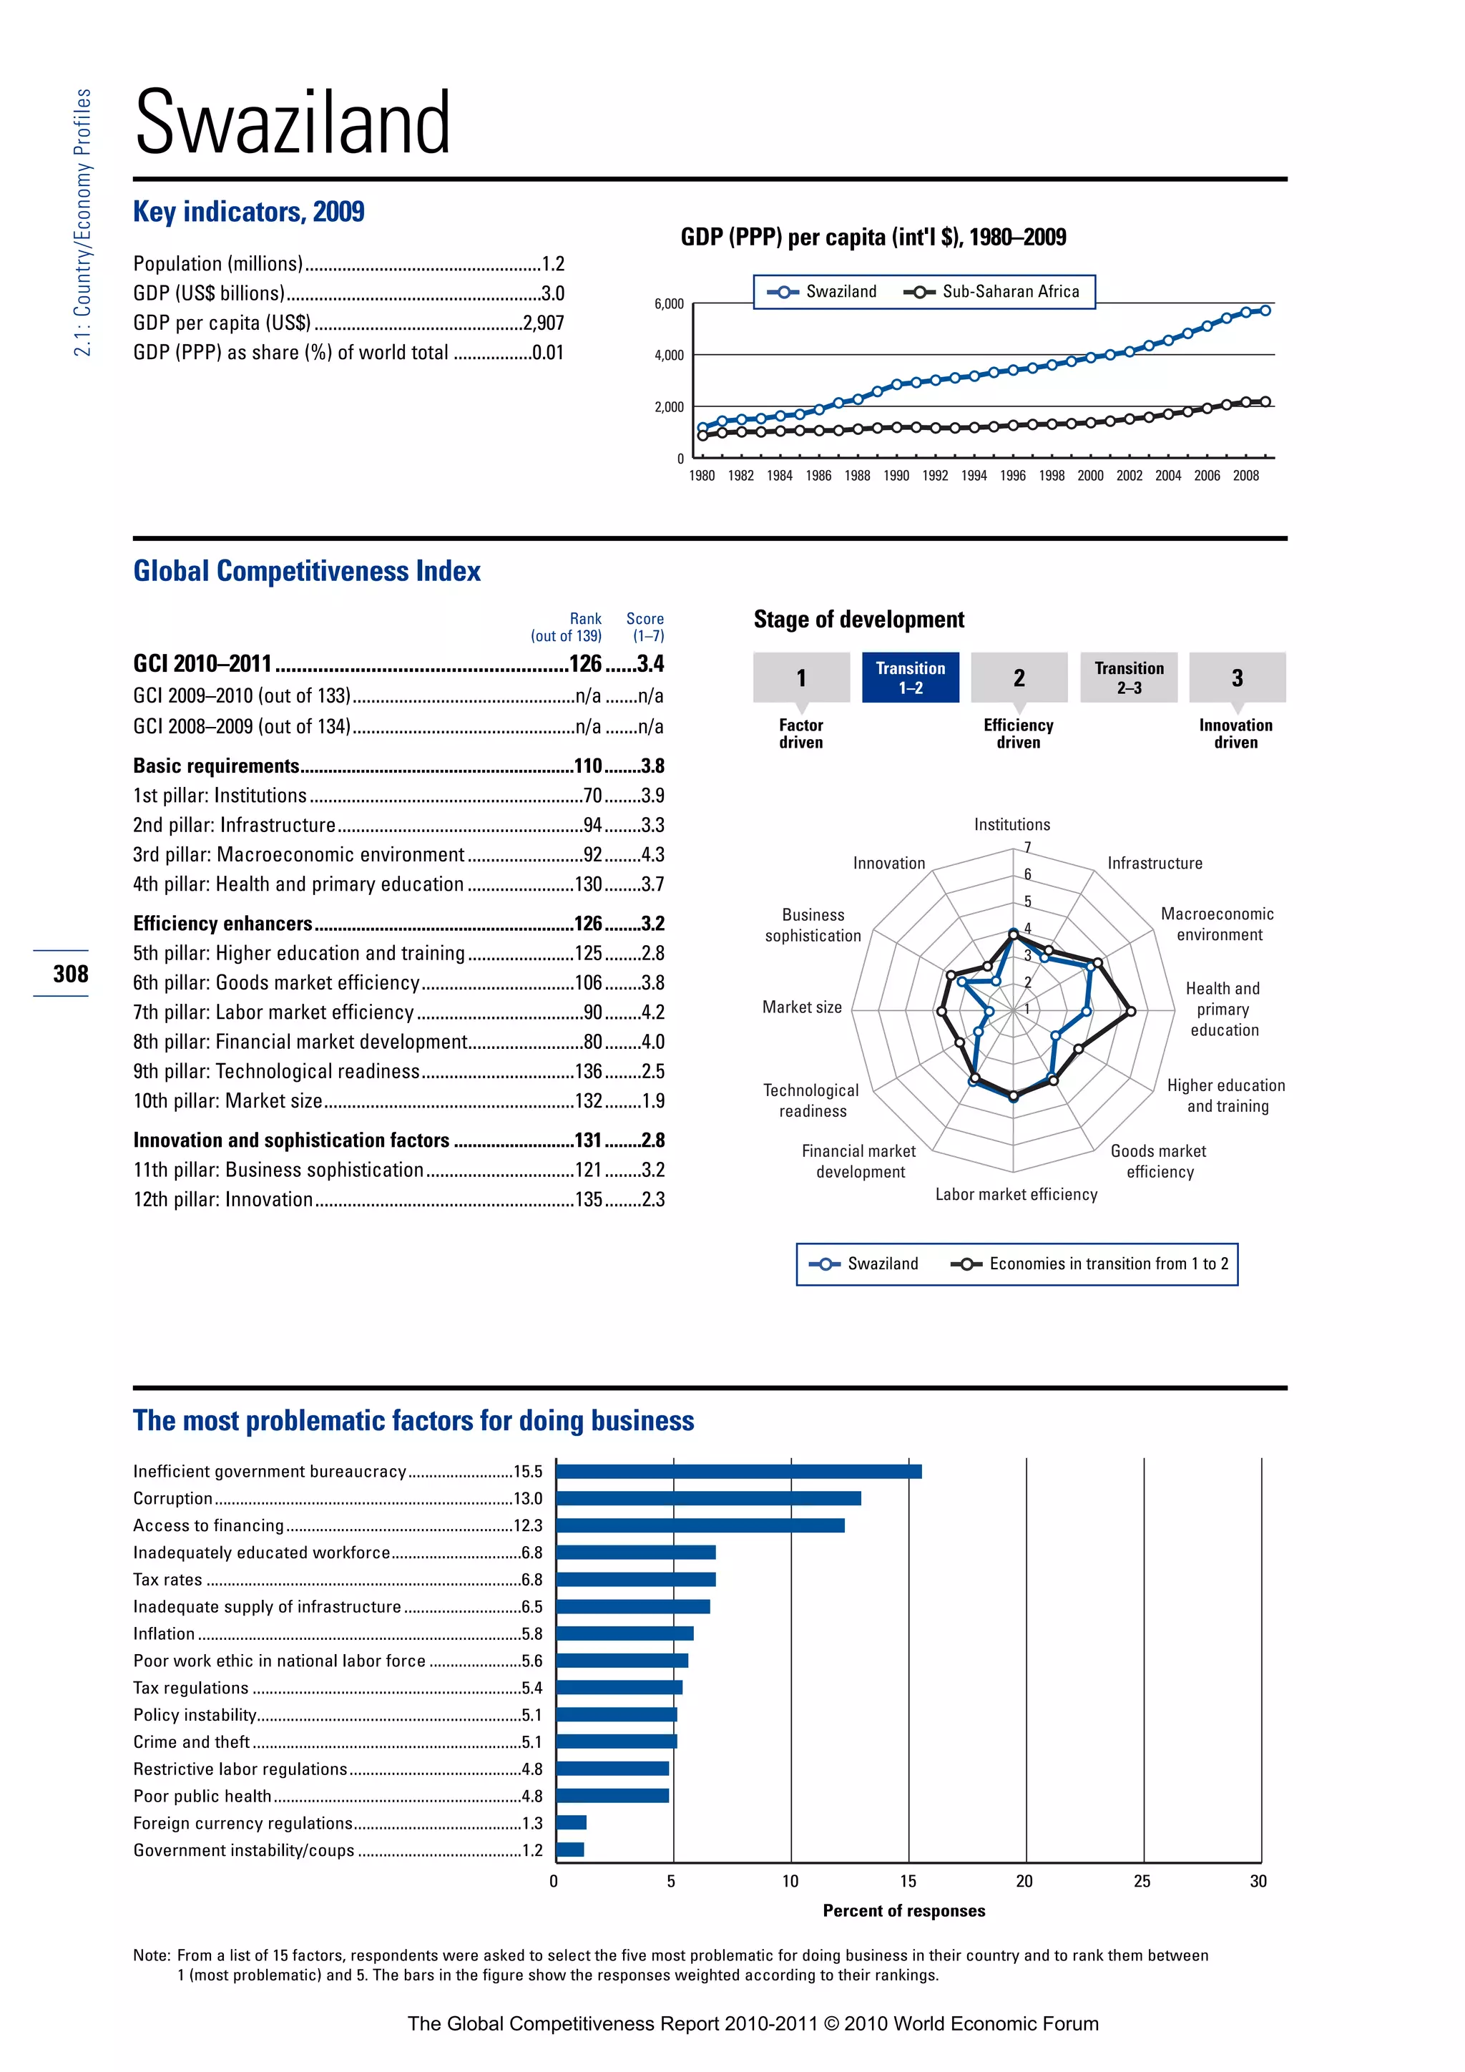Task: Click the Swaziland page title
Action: pos(293,123)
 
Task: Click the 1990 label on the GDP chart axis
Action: pos(896,476)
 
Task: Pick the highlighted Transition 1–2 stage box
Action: pos(910,678)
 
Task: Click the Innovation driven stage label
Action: pos(1235,733)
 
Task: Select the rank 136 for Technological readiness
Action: pos(588,1071)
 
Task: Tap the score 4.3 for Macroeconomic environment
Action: pos(652,854)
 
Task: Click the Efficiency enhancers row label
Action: pos(222,923)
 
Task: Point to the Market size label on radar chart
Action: pos(802,1007)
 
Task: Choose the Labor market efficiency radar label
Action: pos(1016,1194)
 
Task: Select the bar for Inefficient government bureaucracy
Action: pos(738,1471)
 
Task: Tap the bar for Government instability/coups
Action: pos(570,1850)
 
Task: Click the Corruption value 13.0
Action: pos(528,1498)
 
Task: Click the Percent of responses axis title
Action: pos(904,1910)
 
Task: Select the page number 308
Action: pos(70,974)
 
